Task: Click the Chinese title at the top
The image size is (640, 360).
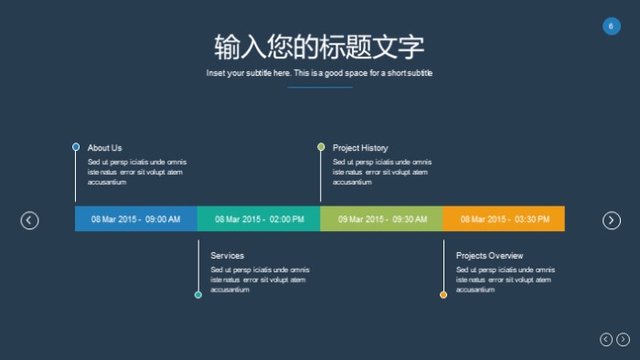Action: tap(319, 47)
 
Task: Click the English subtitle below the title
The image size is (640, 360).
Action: tap(319, 73)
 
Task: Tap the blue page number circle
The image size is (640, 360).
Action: tap(612, 26)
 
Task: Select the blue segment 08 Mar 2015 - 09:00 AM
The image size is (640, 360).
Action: tap(135, 219)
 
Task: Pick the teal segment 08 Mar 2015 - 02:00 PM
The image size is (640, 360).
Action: tap(259, 219)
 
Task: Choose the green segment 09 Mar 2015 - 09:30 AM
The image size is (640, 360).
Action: tap(381, 219)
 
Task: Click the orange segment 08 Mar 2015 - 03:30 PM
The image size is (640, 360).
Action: tap(504, 219)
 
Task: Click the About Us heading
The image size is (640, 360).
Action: tap(104, 148)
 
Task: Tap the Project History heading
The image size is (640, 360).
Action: tap(360, 148)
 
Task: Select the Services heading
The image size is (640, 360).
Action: tap(227, 256)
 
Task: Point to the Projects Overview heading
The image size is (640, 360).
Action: tap(489, 256)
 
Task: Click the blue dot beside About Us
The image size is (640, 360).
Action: tap(76, 147)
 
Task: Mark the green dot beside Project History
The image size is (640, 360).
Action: tap(321, 147)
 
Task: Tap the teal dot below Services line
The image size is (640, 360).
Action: tap(198, 294)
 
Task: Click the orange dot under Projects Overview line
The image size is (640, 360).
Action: tap(443, 294)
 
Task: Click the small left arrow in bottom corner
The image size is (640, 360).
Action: tap(606, 340)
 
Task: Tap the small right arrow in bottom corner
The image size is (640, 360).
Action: tap(624, 340)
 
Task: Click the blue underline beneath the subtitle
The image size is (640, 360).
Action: tap(320, 87)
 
